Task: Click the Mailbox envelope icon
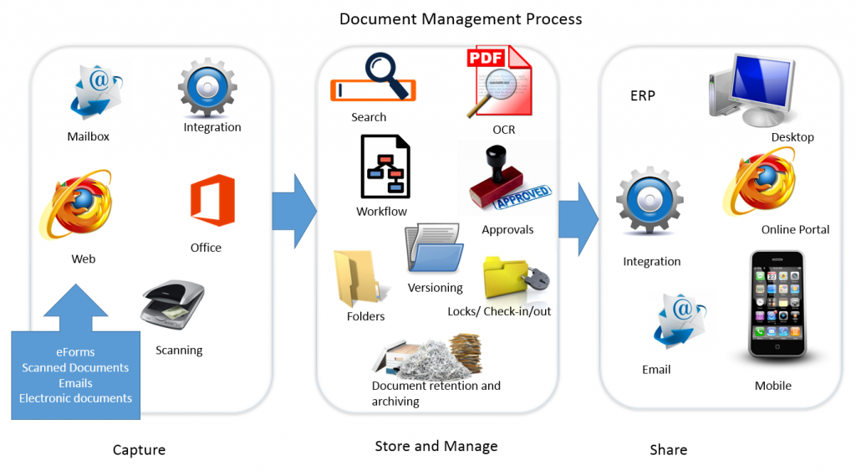(94, 95)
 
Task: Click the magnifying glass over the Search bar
(386, 74)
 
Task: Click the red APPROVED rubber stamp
(508, 185)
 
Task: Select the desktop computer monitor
(755, 86)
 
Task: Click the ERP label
(643, 95)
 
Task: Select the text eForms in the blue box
(75, 352)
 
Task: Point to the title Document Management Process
(461, 18)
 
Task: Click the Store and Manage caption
(436, 446)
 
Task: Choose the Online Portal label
(795, 229)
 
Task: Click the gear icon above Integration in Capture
(207, 88)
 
